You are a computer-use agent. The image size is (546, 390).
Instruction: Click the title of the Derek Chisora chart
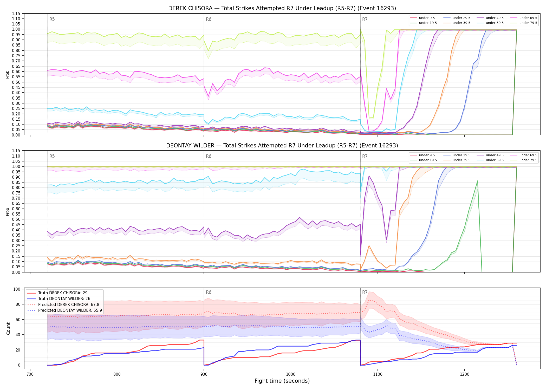coord(282,8)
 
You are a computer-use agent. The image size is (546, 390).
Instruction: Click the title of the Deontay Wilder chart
coord(282,146)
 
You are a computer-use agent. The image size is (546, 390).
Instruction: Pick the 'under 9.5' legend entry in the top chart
coord(422,18)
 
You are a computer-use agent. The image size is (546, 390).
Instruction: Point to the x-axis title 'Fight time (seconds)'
coord(282,381)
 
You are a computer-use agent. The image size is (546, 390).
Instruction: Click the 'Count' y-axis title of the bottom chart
coord(8,329)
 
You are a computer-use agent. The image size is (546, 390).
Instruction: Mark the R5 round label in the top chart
coord(52,19)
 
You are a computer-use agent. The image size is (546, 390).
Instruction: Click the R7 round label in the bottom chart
coord(365,292)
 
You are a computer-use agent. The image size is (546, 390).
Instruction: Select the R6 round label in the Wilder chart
coord(209,156)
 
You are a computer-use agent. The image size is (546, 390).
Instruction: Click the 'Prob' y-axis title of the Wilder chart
coord(8,212)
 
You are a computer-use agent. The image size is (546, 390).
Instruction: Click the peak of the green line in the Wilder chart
coord(477,181)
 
